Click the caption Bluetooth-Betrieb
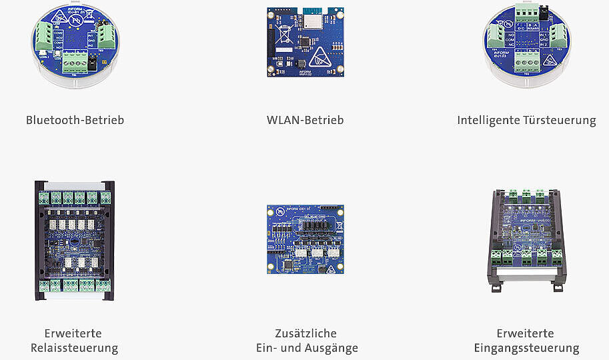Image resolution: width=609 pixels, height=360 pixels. click(x=75, y=121)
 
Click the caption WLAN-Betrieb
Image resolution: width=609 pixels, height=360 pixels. click(x=305, y=121)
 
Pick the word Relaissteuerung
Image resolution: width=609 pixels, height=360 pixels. click(x=75, y=348)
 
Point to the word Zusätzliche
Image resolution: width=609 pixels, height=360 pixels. click(x=306, y=333)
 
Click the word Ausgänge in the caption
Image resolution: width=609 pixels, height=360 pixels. click(x=332, y=348)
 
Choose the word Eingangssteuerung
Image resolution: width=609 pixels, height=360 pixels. click(x=526, y=348)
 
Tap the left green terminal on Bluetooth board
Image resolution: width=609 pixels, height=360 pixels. click(x=45, y=33)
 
